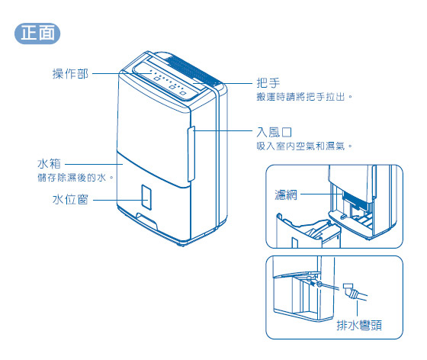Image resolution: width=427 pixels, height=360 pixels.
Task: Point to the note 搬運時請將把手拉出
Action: (305, 98)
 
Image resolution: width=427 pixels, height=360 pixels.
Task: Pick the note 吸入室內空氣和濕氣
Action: (305, 145)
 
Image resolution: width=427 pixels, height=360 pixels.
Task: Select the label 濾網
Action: (286, 194)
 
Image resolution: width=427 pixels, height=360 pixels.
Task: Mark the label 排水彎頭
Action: (358, 326)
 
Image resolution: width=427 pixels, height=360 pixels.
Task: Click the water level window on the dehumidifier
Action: (146, 197)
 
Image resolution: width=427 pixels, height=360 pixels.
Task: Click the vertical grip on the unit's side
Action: (191, 149)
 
